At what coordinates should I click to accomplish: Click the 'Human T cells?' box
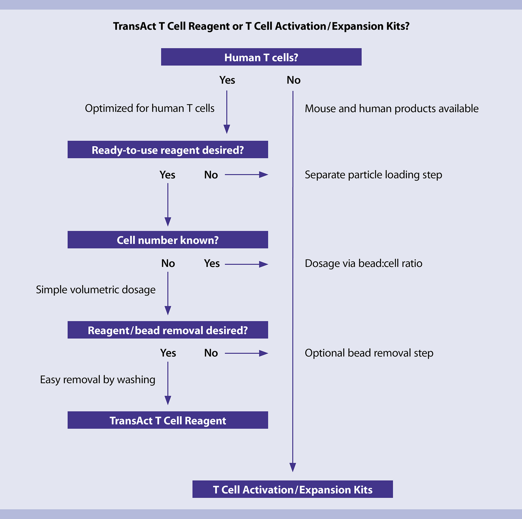[x=261, y=57]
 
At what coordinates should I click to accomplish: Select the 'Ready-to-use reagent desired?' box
[x=168, y=150]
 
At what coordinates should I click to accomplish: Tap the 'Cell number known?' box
[x=168, y=240]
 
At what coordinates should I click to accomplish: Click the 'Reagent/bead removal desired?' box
[x=168, y=330]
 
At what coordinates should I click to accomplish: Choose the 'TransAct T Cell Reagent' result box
[x=168, y=420]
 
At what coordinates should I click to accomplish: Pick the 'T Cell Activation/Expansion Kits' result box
[x=293, y=489]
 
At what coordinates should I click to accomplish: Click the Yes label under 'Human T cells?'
[x=227, y=80]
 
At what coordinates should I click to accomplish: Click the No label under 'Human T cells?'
[x=293, y=80]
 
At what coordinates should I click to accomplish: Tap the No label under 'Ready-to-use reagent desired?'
[x=211, y=175]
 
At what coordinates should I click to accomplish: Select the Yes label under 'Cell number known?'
[x=212, y=263]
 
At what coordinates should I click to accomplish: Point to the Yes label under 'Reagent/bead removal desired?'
[x=168, y=353]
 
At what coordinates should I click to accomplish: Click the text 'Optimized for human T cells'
[x=150, y=108]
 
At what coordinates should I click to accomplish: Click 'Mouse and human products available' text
[x=391, y=108]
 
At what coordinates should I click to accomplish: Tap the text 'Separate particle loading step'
[x=373, y=175]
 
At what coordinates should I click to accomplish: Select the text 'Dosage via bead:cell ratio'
[x=363, y=263]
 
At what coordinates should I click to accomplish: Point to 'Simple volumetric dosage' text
[x=96, y=290]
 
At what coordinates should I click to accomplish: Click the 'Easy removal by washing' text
[x=98, y=380]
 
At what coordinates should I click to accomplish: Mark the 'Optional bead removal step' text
[x=369, y=353]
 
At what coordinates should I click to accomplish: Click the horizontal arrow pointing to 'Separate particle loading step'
[x=246, y=175]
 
